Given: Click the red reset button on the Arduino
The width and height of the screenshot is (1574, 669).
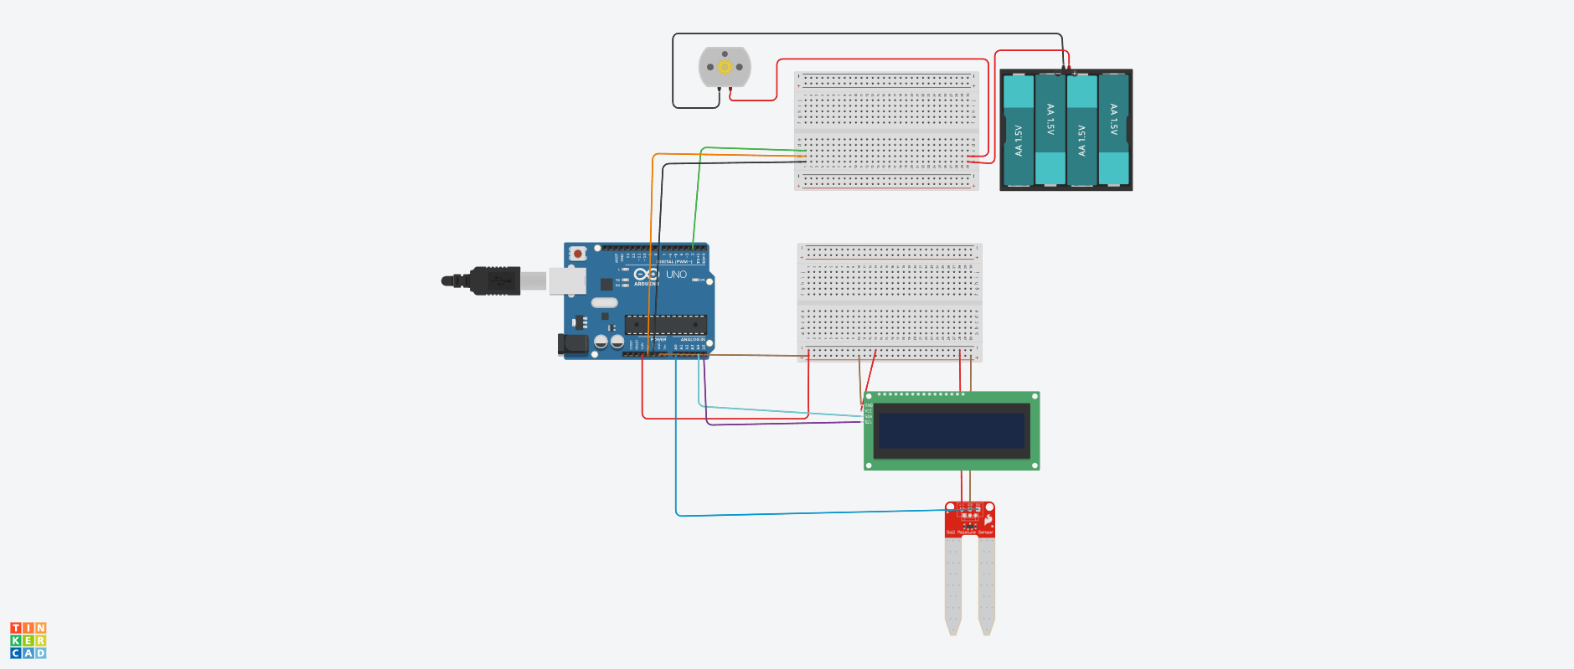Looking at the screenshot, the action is (x=577, y=253).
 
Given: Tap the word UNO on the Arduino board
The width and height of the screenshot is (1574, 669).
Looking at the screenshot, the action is (x=676, y=275).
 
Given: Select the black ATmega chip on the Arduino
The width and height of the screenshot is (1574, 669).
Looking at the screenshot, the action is (x=665, y=324).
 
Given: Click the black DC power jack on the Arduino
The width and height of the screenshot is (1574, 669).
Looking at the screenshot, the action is (x=573, y=343).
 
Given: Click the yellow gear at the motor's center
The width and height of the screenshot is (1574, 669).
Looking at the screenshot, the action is (x=725, y=67).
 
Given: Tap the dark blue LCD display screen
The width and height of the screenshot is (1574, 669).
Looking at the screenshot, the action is (x=951, y=430).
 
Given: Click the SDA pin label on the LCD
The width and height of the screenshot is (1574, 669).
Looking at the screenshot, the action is (x=869, y=416).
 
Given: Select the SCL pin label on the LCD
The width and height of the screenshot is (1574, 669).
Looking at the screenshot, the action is (x=869, y=422).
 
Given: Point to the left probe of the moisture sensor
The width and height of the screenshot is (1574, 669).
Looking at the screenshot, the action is (x=953, y=586).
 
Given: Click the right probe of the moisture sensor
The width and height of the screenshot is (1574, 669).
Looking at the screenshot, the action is (x=987, y=586).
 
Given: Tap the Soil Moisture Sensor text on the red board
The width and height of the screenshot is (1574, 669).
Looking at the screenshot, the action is (x=969, y=533).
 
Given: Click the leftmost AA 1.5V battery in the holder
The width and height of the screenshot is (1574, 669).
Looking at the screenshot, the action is (x=1019, y=130).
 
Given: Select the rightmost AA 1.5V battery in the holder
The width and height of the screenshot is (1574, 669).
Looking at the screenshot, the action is (x=1113, y=130).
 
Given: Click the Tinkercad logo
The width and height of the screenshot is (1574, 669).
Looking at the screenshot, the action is (x=28, y=641).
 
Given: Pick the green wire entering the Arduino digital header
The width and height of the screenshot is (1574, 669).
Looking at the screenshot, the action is (x=697, y=201).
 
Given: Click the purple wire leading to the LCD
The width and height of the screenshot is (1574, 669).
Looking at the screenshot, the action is (x=779, y=423).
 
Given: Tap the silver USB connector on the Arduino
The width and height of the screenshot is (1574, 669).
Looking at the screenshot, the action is (x=567, y=281).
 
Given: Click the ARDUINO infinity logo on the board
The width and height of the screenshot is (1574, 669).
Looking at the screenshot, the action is (x=646, y=275).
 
